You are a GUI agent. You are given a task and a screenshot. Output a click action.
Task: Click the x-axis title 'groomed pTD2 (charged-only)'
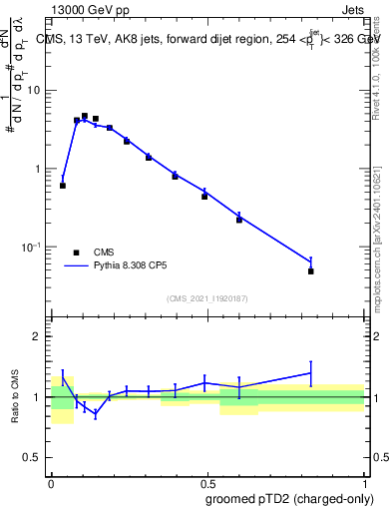tap(289, 498)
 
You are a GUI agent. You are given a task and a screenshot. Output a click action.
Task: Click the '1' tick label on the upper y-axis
tap(39, 169)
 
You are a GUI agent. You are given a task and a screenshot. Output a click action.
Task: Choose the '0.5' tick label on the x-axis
tap(207, 481)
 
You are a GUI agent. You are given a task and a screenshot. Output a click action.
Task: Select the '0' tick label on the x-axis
tap(51, 481)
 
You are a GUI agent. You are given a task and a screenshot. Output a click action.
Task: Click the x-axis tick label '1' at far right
tap(364, 481)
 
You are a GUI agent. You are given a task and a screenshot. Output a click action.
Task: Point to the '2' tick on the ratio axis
tap(39, 336)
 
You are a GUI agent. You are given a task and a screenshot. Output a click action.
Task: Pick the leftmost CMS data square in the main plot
tap(63, 186)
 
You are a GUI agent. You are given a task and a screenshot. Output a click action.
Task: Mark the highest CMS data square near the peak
tap(85, 116)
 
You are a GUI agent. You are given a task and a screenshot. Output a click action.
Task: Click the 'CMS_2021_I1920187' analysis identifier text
tap(207, 297)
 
